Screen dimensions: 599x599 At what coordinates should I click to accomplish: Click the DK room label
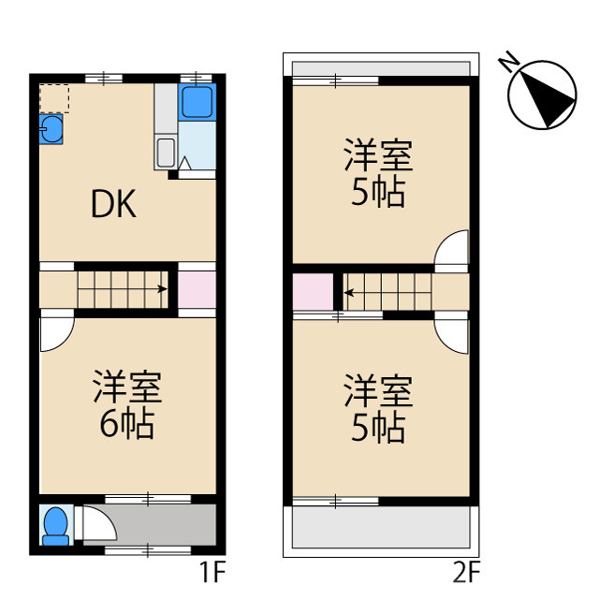(113, 205)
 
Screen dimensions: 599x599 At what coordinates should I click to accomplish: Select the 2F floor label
(465, 569)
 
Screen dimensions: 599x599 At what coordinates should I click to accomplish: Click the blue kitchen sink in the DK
(51, 129)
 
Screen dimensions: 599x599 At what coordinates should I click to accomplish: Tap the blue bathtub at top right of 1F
(197, 100)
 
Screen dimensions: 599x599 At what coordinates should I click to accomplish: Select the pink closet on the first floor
(197, 289)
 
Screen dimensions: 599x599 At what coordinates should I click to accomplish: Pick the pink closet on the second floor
(312, 291)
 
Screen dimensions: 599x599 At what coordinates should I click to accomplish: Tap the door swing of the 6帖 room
(55, 334)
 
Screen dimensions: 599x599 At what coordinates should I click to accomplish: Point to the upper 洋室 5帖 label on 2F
(378, 172)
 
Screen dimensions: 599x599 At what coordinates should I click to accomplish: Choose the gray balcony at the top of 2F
(379, 69)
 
